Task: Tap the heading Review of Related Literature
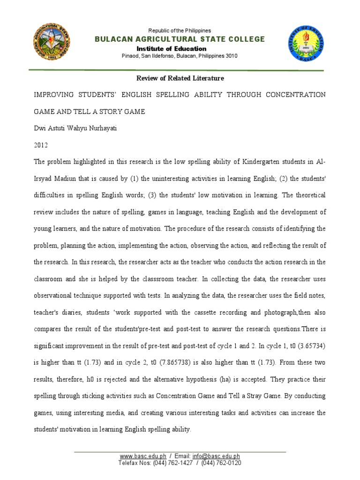(180, 78)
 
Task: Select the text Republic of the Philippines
(180, 30)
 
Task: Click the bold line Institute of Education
(171, 49)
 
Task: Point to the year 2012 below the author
(41, 145)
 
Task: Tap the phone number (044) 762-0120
(221, 463)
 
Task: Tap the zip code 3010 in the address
(230, 56)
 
